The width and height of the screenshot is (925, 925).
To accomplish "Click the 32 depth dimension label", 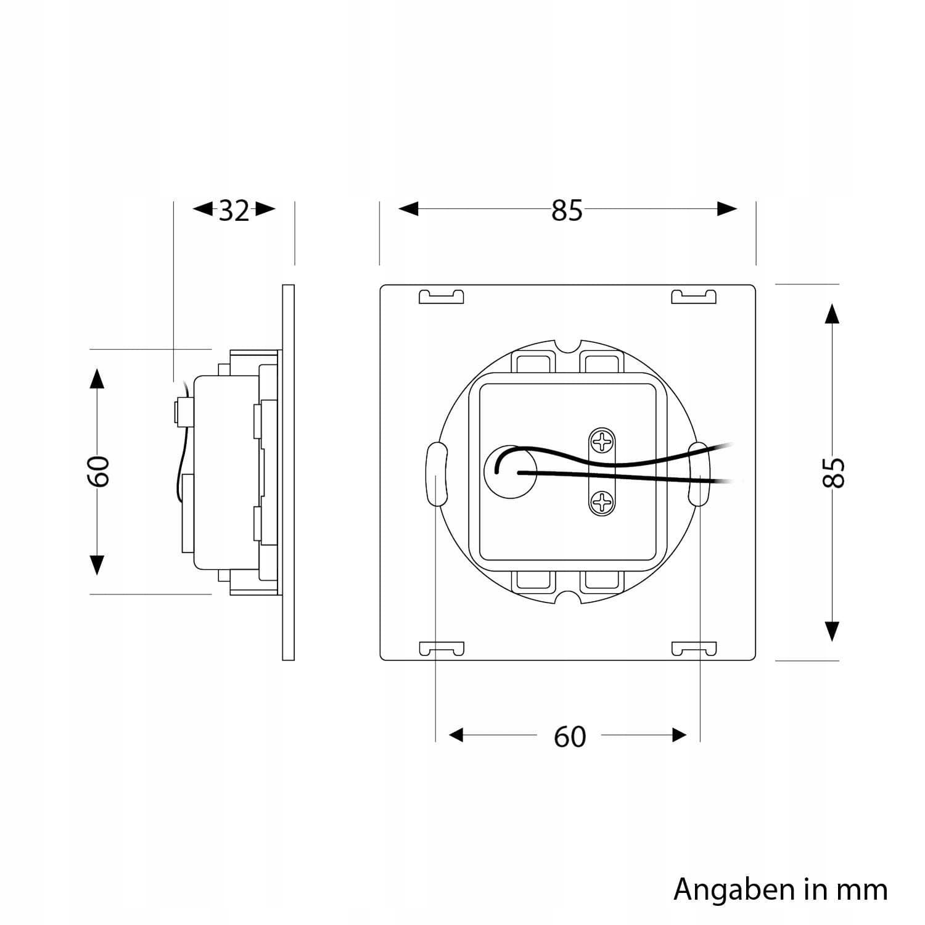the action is click(x=234, y=210).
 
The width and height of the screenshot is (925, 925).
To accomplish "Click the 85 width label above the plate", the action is click(x=567, y=210).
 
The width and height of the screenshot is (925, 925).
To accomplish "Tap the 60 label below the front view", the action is click(x=569, y=736).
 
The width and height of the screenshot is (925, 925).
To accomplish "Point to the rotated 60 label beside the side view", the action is click(x=99, y=471).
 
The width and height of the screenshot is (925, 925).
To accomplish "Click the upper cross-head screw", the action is click(x=600, y=442).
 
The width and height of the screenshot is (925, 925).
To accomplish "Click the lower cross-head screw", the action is click(x=600, y=503).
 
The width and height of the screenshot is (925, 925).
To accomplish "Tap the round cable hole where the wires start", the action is click(x=510, y=473).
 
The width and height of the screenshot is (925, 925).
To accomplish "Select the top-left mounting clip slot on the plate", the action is click(x=441, y=297).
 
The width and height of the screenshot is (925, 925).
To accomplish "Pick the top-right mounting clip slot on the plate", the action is click(x=694, y=297).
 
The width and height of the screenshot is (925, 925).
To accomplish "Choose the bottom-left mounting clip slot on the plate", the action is click(x=441, y=649).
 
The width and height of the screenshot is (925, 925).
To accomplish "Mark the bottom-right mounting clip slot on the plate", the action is click(x=694, y=649).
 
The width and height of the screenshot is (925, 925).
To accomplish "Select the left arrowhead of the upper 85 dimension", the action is click(x=408, y=209).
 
